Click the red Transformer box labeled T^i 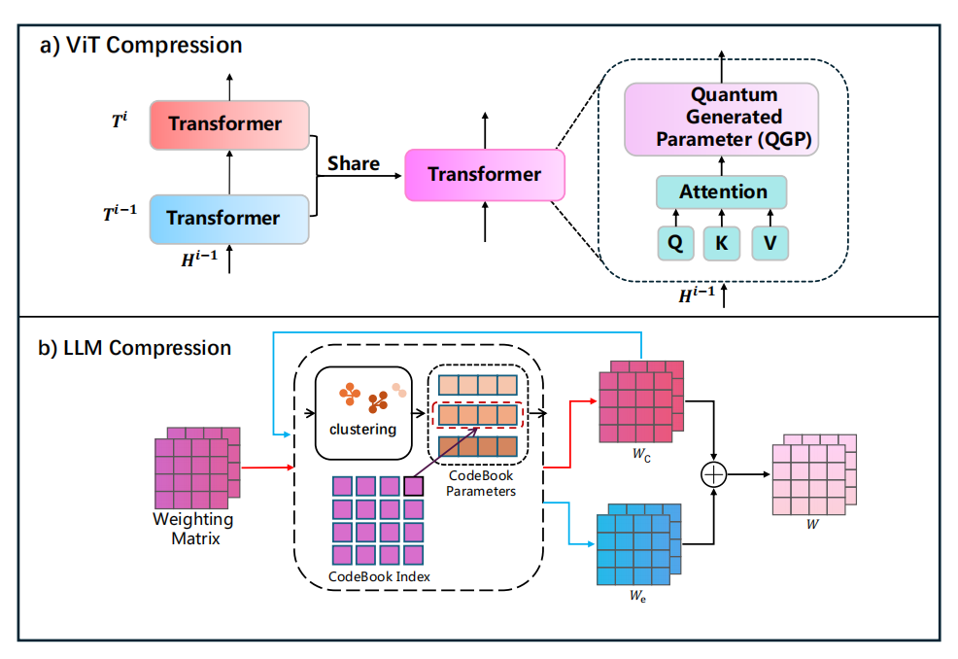(x=229, y=125)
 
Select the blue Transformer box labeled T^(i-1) (x=229, y=219)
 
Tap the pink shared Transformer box (x=485, y=175)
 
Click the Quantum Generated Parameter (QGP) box (x=721, y=120)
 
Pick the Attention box (x=721, y=191)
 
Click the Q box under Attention (x=675, y=243)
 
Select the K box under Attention (x=722, y=243)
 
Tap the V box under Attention (x=770, y=243)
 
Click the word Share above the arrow (x=353, y=163)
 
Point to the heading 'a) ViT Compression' (x=141, y=46)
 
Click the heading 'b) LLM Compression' (x=134, y=348)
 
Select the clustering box (x=363, y=413)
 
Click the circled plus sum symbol (x=713, y=474)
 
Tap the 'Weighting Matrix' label (x=193, y=529)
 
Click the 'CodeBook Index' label (x=379, y=576)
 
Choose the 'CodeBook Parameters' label (x=480, y=483)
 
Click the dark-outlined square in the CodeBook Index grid (x=414, y=486)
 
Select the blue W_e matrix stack (x=638, y=544)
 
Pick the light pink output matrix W (x=814, y=475)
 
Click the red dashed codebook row (x=478, y=415)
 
